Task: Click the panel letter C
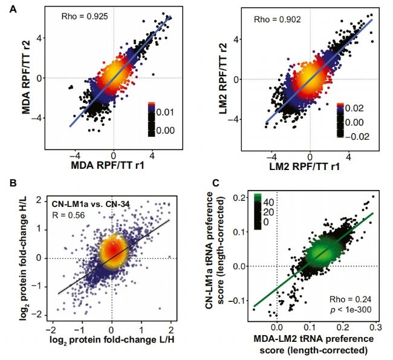coord(225,182)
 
